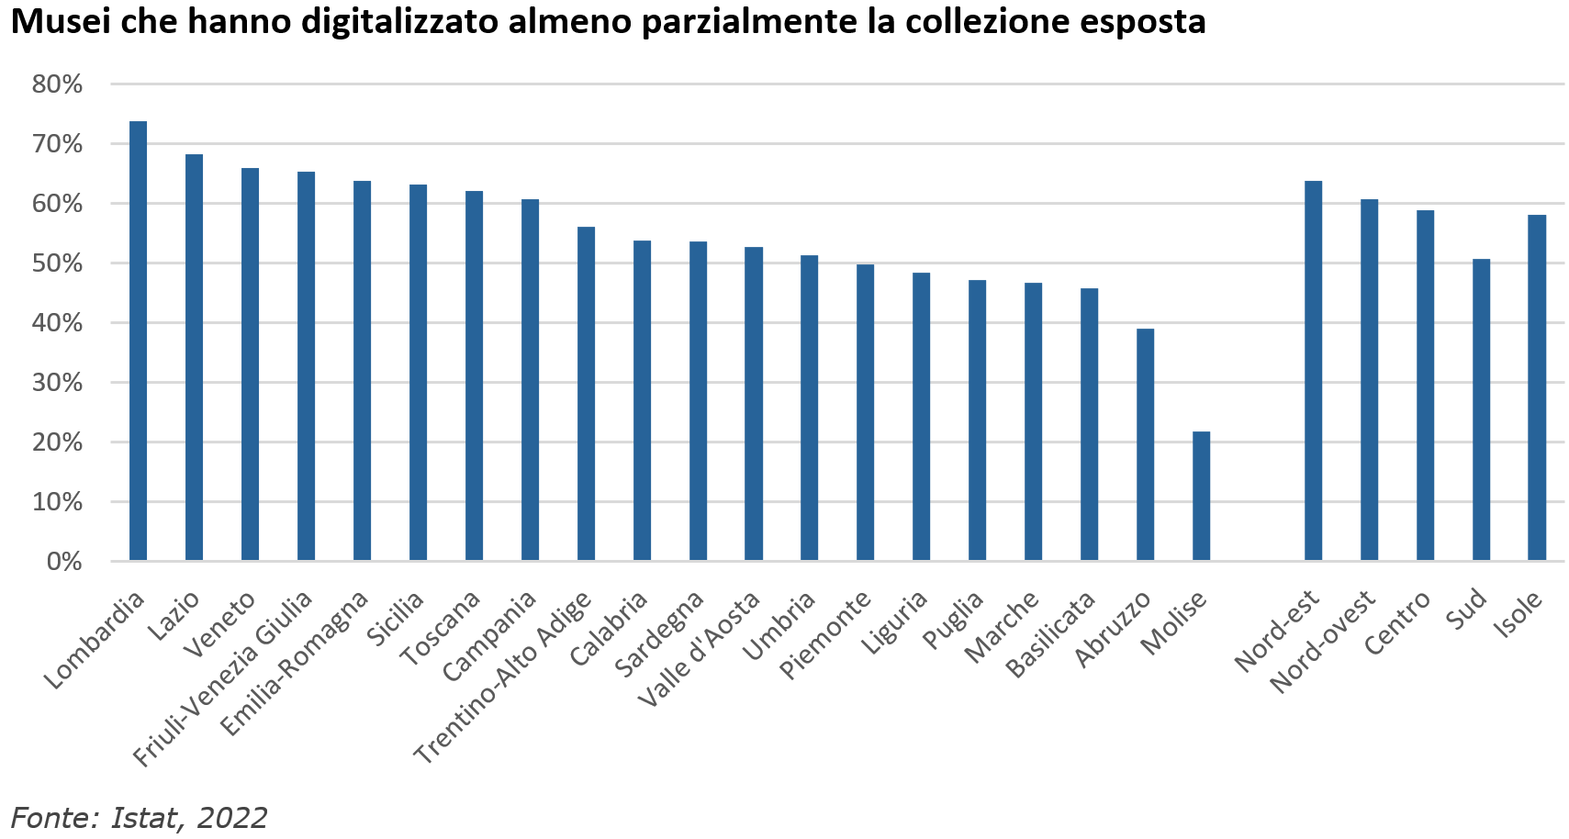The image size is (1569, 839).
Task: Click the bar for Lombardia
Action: point(138,341)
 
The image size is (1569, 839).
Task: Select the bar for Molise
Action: point(1201,496)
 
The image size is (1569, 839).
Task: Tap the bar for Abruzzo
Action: point(1145,444)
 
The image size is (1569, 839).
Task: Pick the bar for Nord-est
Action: point(1313,371)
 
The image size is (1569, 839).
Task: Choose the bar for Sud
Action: point(1481,409)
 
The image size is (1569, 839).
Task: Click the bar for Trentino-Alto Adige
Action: point(586,394)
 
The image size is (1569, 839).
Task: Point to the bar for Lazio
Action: point(194,357)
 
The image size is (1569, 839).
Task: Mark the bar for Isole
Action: point(1537,387)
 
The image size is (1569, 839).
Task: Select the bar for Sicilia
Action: point(418,373)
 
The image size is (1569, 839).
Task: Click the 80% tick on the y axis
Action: point(57,84)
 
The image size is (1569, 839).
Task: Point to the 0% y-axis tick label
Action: point(64,562)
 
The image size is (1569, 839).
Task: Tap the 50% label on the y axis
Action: point(57,263)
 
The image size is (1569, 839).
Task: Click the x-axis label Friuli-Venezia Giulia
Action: point(223,678)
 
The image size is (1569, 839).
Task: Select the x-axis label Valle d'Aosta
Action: point(700,648)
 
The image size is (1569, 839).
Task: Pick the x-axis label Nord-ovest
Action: point(1322,642)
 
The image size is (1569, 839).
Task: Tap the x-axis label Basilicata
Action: point(1051,634)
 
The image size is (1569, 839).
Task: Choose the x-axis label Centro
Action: point(1397,623)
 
